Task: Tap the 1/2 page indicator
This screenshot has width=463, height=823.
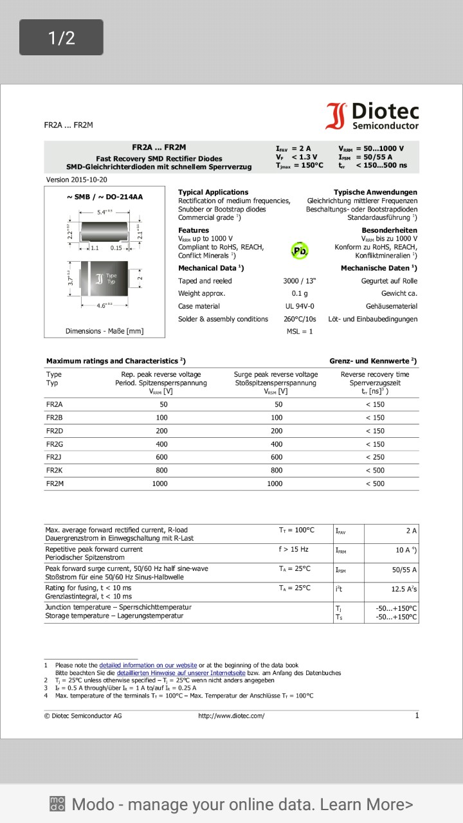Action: tap(61, 37)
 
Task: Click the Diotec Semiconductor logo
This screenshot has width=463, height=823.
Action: tap(372, 116)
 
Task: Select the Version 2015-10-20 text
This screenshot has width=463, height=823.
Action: tap(77, 180)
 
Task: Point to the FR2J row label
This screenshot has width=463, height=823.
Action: tap(54, 457)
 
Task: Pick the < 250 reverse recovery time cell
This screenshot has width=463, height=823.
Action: tap(375, 457)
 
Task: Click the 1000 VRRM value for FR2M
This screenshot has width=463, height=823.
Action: tap(159, 484)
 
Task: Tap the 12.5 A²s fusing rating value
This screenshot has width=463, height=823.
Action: tap(404, 589)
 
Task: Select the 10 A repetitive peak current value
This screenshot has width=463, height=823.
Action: tap(406, 550)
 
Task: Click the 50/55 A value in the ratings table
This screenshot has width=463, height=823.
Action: tap(404, 570)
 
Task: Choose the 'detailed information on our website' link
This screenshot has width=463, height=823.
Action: tap(148, 665)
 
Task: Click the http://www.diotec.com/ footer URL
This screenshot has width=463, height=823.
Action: tap(232, 716)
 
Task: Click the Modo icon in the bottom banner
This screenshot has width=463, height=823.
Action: tap(57, 804)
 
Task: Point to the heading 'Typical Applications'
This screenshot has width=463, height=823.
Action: tap(213, 192)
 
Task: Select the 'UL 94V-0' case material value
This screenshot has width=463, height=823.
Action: tap(300, 306)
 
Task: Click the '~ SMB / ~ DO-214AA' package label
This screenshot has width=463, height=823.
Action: tap(104, 197)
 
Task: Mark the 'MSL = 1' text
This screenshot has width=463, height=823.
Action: tap(299, 331)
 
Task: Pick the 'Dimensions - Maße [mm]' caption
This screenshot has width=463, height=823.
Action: tap(104, 331)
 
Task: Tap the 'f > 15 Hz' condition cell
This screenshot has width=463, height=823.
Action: tap(293, 549)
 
